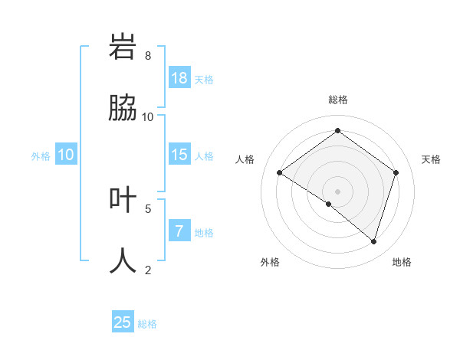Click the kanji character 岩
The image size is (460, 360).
123,47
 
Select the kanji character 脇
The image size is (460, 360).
123,109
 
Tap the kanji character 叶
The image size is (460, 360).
123,200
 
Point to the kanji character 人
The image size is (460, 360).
123,260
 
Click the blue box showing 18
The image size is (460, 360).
179,77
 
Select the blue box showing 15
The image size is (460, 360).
179,155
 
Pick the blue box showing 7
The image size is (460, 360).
179,231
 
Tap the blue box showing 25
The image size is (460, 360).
123,322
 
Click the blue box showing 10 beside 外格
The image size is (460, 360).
66,155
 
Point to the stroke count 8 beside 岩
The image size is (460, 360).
148,56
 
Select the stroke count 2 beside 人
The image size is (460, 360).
148,270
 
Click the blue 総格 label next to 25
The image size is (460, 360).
147,324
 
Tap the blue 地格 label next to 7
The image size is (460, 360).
204,233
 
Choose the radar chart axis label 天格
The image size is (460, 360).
431,159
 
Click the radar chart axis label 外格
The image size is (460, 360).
270,262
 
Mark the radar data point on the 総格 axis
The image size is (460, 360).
337,131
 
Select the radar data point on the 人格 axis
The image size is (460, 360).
280,173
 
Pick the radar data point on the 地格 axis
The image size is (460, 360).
373,241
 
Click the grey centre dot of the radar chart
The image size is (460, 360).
337,191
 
